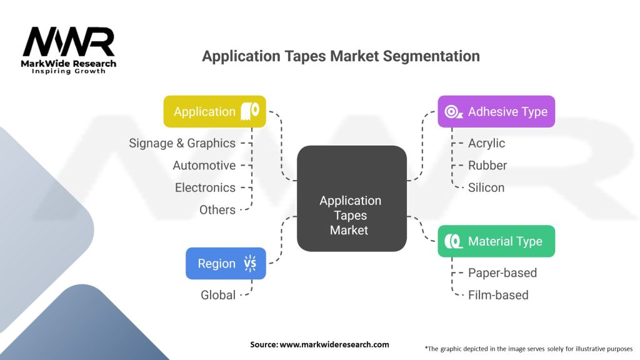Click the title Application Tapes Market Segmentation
[x=341, y=56]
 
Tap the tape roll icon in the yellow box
[x=250, y=111]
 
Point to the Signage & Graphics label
[x=182, y=143]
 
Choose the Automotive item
[x=204, y=166]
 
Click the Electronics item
[x=205, y=187]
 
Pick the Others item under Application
[x=217, y=210]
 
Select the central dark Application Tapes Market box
[x=351, y=199]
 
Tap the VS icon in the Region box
[x=249, y=264]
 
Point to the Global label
[x=217, y=295]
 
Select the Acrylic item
[x=486, y=143]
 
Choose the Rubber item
[x=487, y=166]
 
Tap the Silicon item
[x=486, y=187]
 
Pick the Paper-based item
[x=502, y=272]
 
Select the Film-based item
[x=498, y=295]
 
